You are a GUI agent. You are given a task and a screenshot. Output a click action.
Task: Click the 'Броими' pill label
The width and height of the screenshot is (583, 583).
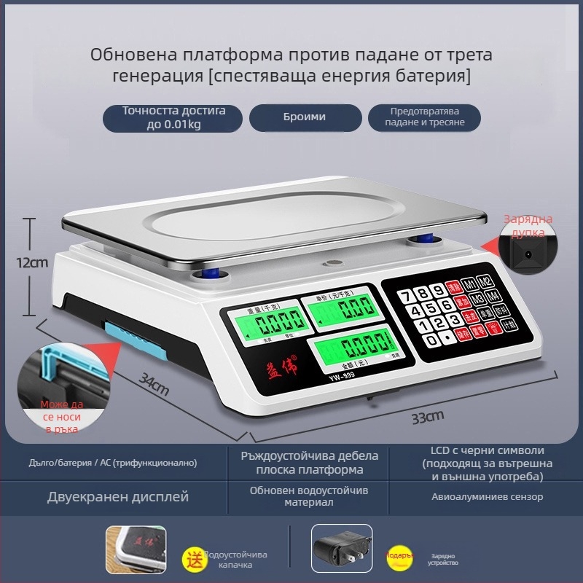click(x=305, y=117)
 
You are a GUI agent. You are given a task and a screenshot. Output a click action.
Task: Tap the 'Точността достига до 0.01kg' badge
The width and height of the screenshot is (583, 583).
click(x=173, y=117)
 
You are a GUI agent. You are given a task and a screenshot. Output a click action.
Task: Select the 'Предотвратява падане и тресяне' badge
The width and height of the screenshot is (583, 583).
click(x=424, y=117)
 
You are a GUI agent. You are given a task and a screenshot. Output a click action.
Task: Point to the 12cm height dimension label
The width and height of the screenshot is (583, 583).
click(x=32, y=262)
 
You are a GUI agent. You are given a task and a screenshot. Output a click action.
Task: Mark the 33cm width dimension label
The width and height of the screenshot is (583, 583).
click(x=427, y=418)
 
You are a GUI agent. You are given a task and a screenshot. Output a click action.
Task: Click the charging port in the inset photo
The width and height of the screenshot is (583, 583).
click(x=527, y=256)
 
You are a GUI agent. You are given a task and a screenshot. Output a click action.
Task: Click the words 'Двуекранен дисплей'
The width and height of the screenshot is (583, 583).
click(x=118, y=497)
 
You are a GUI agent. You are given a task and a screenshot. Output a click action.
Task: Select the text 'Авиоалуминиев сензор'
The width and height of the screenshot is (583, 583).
click(x=487, y=497)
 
